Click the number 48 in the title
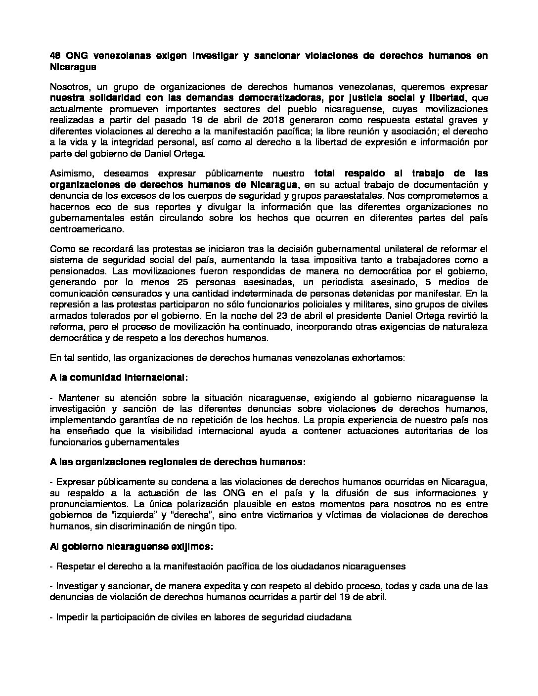[x=55, y=55]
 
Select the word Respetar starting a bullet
[x=74, y=566]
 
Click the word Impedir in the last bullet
[x=72, y=617]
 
